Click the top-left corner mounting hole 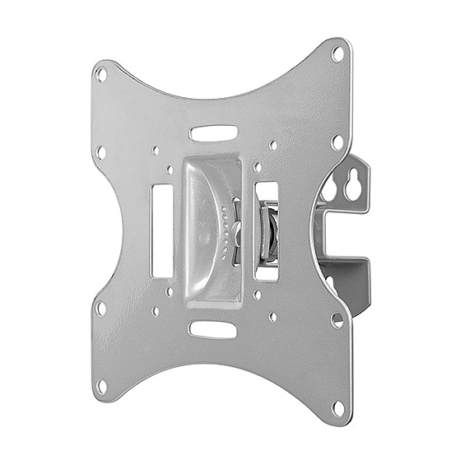click(x=101, y=74)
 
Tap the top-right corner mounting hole click(x=337, y=53)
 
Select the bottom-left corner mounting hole click(x=102, y=384)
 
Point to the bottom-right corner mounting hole click(x=337, y=407)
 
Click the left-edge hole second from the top click(x=100, y=152)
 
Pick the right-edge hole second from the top click(x=337, y=142)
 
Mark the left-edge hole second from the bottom click(x=100, y=309)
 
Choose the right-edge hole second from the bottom click(x=337, y=319)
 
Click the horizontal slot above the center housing click(x=213, y=132)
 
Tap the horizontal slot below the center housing click(x=213, y=329)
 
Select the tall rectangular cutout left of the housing click(x=162, y=230)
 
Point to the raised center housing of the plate click(x=211, y=230)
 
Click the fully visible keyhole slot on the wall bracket click(x=355, y=188)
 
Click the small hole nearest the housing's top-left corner click(x=170, y=170)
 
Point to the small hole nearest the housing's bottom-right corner click(x=258, y=294)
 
